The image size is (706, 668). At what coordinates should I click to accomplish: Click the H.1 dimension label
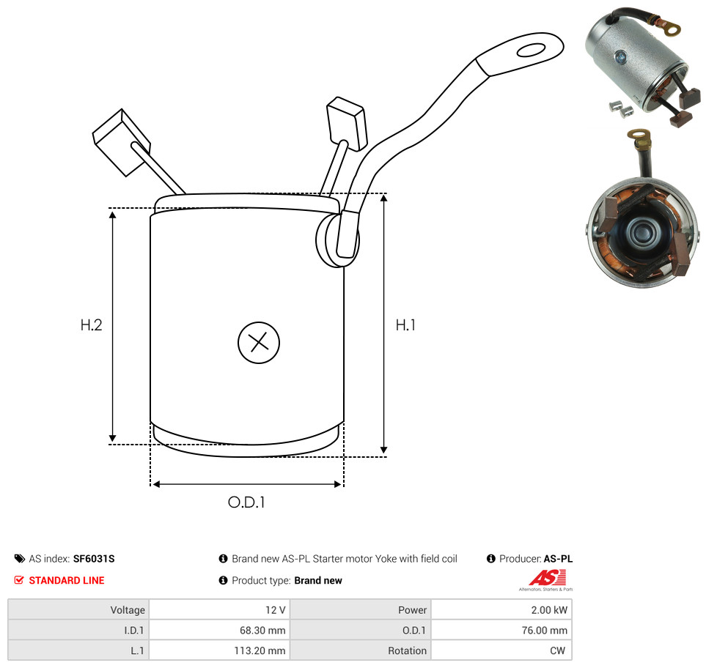(405, 324)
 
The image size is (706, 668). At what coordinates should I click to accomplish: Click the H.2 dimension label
(91, 324)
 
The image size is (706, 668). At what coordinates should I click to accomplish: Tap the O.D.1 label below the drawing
(246, 502)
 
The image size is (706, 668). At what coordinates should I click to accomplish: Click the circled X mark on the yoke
(259, 342)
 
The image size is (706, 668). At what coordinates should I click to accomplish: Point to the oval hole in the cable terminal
(532, 50)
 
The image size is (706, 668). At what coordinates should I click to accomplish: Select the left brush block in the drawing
(121, 142)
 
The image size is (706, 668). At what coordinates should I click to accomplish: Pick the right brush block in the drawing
(346, 123)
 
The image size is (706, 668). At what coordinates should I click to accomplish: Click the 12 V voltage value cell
(219, 610)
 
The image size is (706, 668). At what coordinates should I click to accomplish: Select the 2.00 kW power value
(548, 610)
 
